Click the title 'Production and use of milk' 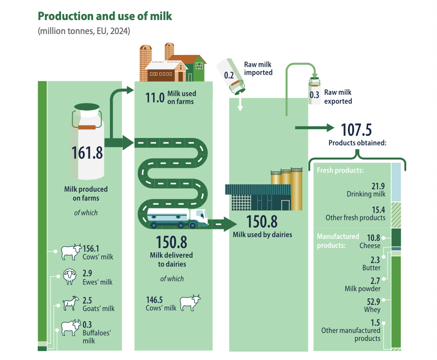104,17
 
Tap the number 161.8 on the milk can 87,152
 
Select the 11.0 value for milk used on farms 155,97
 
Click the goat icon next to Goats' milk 69,304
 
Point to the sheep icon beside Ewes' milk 69,277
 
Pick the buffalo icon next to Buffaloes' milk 70,328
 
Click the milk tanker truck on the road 177,218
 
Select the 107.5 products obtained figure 356,129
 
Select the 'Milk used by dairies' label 262,235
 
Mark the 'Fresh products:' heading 340,171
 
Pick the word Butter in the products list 371,268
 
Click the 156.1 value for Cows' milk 90,248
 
